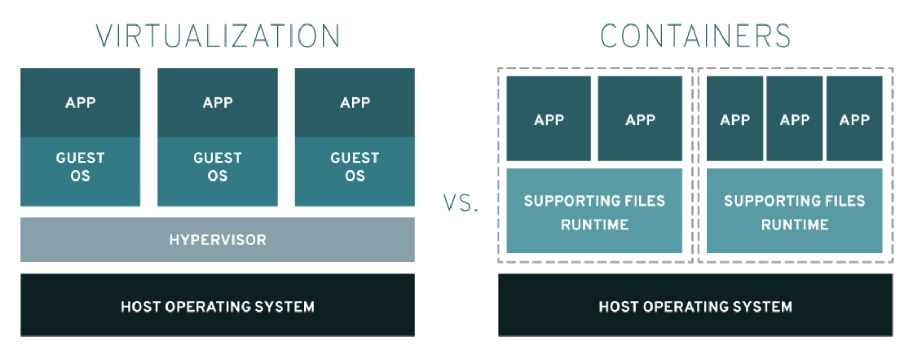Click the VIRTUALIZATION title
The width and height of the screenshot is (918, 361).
click(218, 36)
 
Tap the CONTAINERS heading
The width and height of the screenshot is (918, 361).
click(695, 36)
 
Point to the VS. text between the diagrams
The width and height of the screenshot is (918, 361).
click(461, 203)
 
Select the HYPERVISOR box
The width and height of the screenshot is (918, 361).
click(218, 240)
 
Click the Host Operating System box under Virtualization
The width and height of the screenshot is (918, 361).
click(218, 305)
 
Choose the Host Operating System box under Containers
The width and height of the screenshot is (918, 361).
click(695, 305)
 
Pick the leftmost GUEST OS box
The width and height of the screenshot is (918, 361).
click(80, 171)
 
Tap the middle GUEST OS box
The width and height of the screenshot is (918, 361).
click(218, 171)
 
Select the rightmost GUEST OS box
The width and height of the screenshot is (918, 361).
click(355, 171)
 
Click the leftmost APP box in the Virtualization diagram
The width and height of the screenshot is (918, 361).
click(80, 102)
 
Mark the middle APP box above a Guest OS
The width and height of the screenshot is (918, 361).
click(218, 102)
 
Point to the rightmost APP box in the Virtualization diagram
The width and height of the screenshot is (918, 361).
click(355, 102)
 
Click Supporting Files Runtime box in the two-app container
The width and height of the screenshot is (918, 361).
click(594, 211)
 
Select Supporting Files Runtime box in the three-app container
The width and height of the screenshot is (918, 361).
click(795, 211)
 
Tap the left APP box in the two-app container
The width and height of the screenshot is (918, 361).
click(548, 118)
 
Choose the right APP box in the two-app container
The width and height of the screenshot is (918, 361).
click(640, 118)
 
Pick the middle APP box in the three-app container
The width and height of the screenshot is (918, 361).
click(795, 118)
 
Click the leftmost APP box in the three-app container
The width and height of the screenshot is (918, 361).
click(735, 118)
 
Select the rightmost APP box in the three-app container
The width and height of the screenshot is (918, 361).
click(854, 118)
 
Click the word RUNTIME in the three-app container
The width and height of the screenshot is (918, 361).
click(795, 225)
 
